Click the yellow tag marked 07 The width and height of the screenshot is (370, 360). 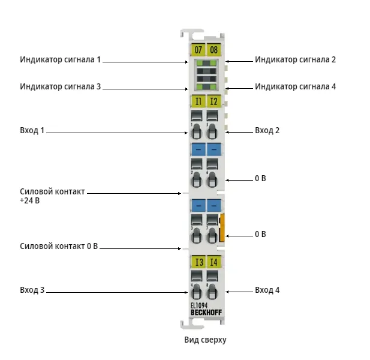(x=198, y=50)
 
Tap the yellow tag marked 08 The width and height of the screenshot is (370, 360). (x=214, y=50)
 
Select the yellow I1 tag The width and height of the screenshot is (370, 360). (x=198, y=101)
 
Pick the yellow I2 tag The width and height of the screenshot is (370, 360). (x=214, y=101)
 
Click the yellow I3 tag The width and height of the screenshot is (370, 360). (x=198, y=262)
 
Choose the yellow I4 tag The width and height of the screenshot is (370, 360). (x=214, y=262)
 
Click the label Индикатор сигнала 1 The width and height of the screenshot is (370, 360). (x=60, y=60)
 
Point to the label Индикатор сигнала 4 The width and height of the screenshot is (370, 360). (x=295, y=86)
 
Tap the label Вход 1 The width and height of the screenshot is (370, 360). (x=32, y=130)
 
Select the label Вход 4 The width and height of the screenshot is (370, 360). (x=267, y=290)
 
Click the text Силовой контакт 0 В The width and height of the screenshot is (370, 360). (x=59, y=246)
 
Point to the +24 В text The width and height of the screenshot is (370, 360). (x=30, y=200)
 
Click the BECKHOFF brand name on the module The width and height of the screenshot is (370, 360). (x=206, y=313)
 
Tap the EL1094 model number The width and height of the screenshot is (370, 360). (x=199, y=306)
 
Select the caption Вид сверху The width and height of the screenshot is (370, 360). (x=205, y=340)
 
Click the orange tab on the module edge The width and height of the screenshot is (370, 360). (x=221, y=227)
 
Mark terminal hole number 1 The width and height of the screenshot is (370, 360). (x=196, y=132)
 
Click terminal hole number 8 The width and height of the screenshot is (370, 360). (x=212, y=292)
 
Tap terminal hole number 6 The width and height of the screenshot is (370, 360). (x=212, y=180)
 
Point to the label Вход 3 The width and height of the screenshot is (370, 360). (x=32, y=290)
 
